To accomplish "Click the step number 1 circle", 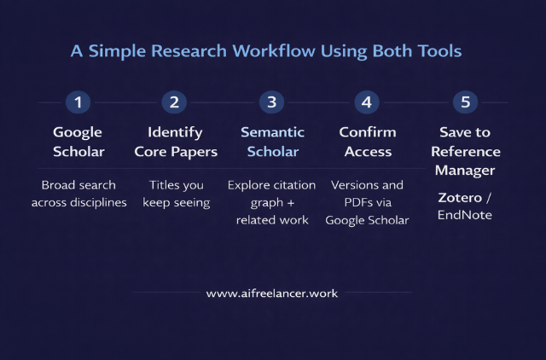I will pyautogui.click(x=78, y=102).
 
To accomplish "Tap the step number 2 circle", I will pyautogui.click(x=174, y=102).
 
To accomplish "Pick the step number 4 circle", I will pyautogui.click(x=367, y=102).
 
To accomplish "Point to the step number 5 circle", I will pyautogui.click(x=465, y=102).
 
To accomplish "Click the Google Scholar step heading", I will pyautogui.click(x=78, y=142).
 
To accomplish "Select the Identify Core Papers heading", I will pyautogui.click(x=176, y=142).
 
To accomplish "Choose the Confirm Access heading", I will pyautogui.click(x=368, y=142).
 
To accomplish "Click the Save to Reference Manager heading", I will pyautogui.click(x=465, y=151).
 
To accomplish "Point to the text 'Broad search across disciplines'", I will pyautogui.click(x=78, y=194).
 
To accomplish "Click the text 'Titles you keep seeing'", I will pyautogui.click(x=176, y=194).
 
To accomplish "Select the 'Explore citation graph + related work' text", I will pyautogui.click(x=271, y=202).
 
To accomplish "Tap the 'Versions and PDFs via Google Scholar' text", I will pyautogui.click(x=368, y=202).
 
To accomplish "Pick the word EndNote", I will pyautogui.click(x=465, y=215).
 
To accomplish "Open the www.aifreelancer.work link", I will pyautogui.click(x=272, y=293).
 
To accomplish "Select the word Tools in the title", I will pyautogui.click(x=438, y=51).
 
